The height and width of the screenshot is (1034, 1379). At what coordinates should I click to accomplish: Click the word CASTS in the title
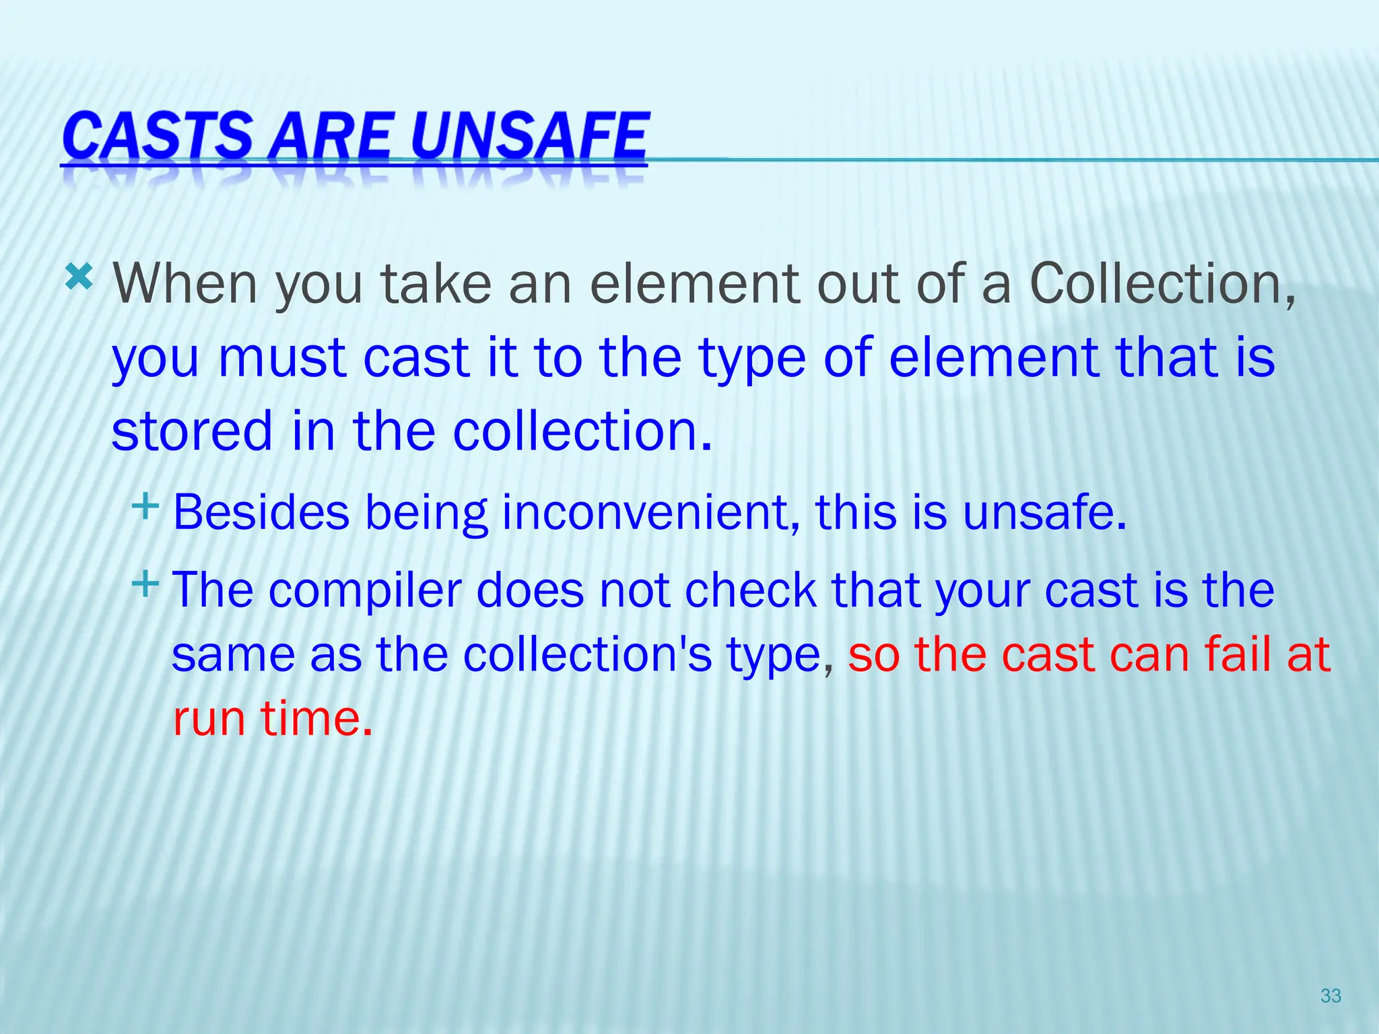[x=156, y=136]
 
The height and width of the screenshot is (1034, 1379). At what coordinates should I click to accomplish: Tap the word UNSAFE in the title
[x=529, y=136]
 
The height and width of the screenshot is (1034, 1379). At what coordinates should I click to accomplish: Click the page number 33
[x=1331, y=996]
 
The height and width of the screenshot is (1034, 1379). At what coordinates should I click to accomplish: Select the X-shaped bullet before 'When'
[x=79, y=277]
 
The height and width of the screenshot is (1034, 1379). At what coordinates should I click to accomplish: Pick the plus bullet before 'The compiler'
[x=145, y=583]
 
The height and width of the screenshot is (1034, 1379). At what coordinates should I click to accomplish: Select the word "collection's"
[x=587, y=654]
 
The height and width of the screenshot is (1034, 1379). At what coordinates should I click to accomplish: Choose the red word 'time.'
[x=316, y=718]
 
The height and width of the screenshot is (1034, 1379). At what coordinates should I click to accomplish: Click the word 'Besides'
[x=261, y=513]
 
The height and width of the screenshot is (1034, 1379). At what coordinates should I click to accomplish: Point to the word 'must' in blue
[x=282, y=357]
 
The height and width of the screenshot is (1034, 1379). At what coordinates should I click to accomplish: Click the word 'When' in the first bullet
[x=185, y=283]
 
